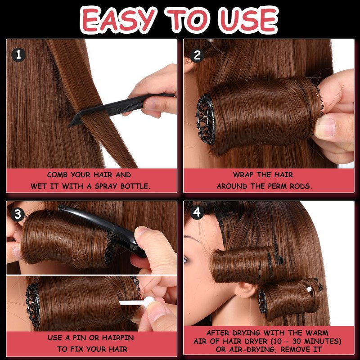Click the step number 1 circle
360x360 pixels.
(18, 55)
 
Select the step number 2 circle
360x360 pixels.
(197, 55)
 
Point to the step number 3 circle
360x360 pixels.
(18, 215)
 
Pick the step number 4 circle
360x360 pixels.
(197, 212)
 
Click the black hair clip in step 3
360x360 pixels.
(102, 229)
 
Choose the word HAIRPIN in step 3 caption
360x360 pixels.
(118, 337)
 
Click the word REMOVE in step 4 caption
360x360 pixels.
(293, 350)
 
